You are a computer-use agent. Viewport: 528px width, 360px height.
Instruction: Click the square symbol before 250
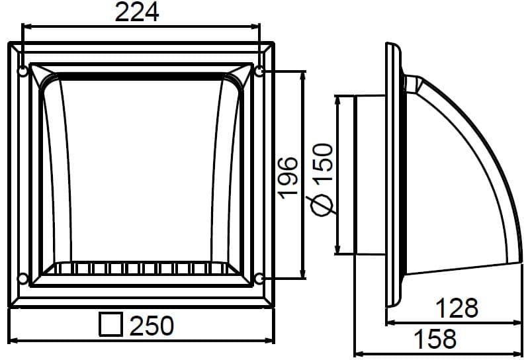[x=111, y=325]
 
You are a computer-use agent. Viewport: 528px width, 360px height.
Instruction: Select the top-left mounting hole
[x=23, y=71]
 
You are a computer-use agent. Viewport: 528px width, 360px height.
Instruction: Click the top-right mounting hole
[x=259, y=71]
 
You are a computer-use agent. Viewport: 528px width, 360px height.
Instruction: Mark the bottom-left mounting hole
[x=23, y=277]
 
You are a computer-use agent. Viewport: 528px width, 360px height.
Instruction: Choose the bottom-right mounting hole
[x=259, y=277]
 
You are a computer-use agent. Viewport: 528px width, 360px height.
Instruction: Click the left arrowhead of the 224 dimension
[x=26, y=26]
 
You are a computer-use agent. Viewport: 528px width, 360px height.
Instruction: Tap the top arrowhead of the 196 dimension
[x=303, y=75]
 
